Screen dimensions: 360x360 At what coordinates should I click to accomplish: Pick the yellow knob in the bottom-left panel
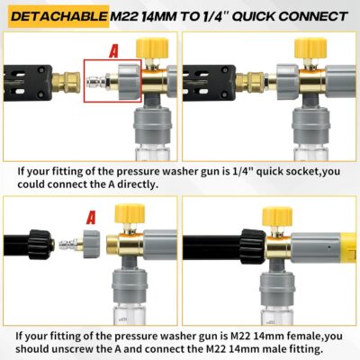pyautogui.click(x=130, y=215)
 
